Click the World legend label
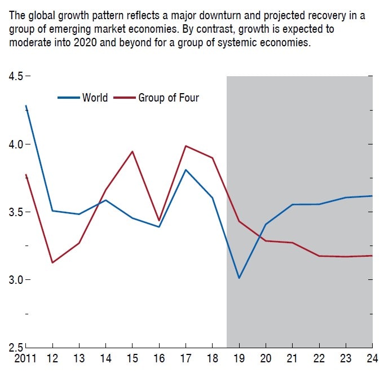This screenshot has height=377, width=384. (95, 98)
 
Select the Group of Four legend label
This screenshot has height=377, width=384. (169, 98)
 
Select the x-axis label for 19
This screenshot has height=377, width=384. (240, 358)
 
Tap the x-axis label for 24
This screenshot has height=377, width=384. (372, 358)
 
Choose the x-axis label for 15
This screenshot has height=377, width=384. (132, 358)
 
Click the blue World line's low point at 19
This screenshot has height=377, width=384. (239, 278)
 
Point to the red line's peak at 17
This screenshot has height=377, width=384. (186, 146)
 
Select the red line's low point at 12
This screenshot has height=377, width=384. (52, 262)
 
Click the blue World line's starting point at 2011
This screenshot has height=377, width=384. (26, 106)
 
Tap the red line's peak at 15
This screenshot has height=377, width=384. (132, 151)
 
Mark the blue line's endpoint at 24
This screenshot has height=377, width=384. (372, 196)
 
